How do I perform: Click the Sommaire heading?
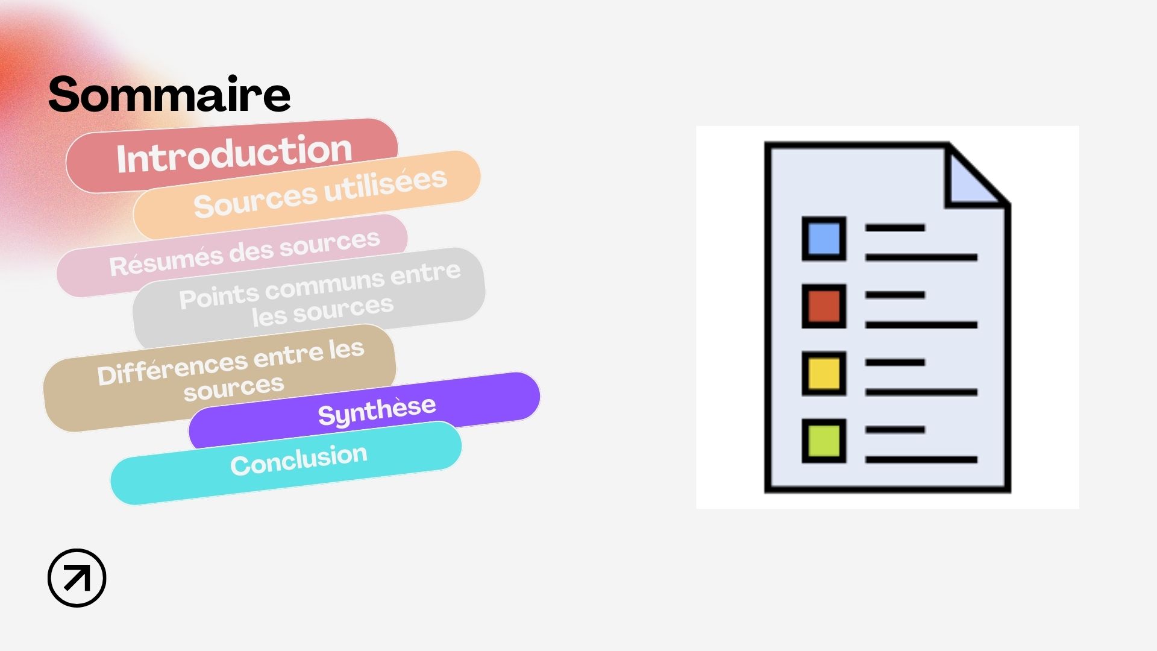tap(169, 94)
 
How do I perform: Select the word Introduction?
tap(234, 154)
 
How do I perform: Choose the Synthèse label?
tap(377, 411)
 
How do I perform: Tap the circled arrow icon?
tap(77, 577)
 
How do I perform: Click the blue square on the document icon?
tap(824, 239)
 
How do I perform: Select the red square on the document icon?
tap(824, 306)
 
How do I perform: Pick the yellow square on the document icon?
tap(824, 374)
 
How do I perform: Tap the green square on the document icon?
tap(824, 441)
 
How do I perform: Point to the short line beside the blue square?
tap(895, 228)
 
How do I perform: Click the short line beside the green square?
tap(895, 430)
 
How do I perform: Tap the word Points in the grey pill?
tap(219, 297)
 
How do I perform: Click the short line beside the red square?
tap(895, 295)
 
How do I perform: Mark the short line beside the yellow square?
tap(895, 362)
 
